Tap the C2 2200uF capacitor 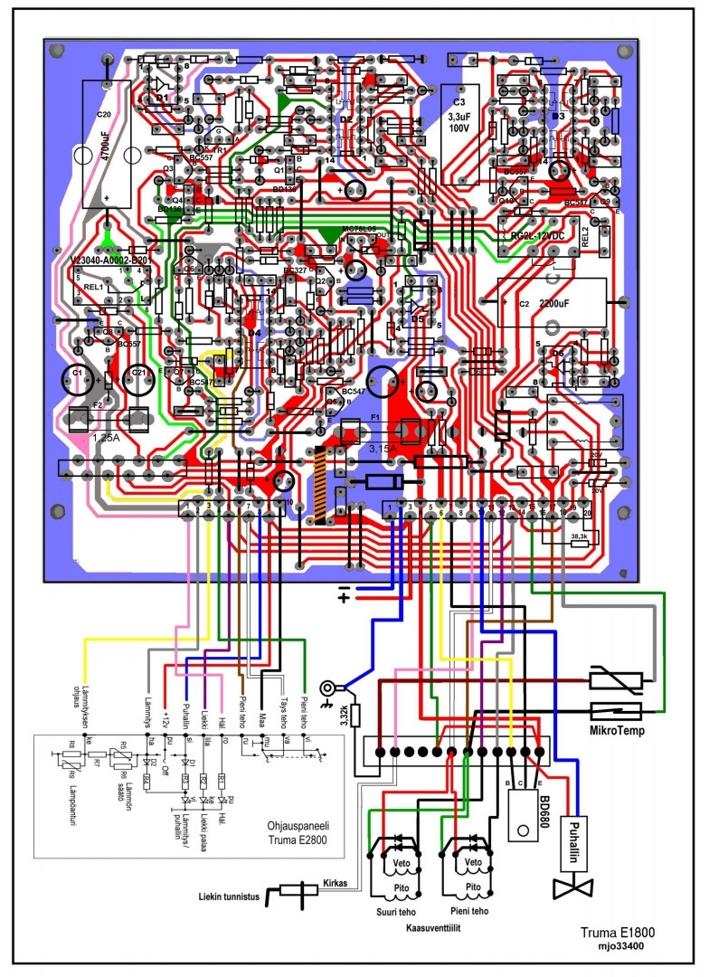click(553, 302)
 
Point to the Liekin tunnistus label click(230, 897)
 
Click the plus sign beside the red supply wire click(344, 599)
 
